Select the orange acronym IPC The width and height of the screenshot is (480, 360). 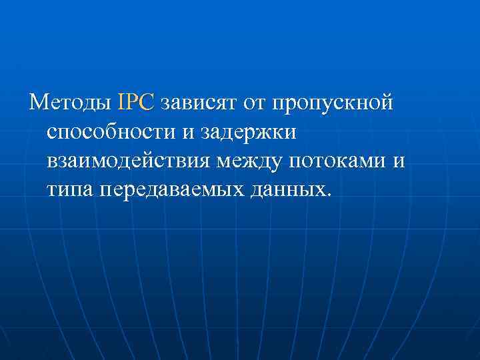click(135, 103)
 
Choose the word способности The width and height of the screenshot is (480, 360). click(109, 133)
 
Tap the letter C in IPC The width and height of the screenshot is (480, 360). click(147, 103)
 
